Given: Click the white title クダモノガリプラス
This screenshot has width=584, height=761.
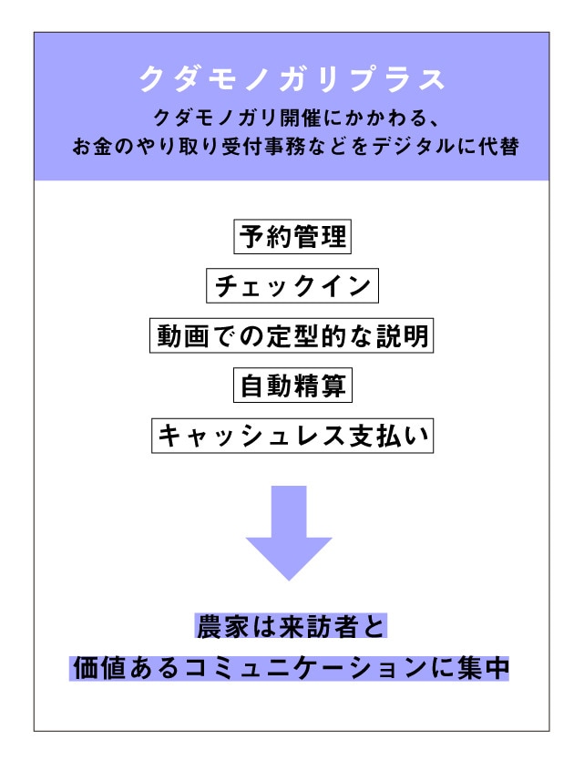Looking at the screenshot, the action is pos(292,79).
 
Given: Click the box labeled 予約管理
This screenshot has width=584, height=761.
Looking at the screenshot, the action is pos(292,236).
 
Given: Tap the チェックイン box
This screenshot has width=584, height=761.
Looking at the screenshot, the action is pos(292,286).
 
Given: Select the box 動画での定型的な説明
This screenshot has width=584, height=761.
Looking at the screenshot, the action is pos(292,335).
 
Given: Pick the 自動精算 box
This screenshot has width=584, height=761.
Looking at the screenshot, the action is pos(292,386).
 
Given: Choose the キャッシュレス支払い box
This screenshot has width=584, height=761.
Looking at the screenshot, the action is pos(292,436).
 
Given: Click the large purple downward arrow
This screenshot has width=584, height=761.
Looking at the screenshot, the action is pos(289,533).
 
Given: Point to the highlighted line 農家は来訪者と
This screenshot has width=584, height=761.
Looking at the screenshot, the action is pos(291,626).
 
